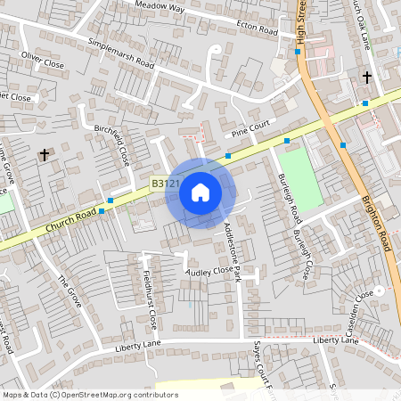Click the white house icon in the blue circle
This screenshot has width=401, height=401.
tap(200, 192)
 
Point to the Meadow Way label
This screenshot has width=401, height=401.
tap(160, 6)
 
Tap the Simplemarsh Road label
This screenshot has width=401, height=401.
tap(122, 54)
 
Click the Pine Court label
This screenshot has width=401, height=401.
tap(250, 130)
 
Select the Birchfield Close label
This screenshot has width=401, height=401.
tap(112, 144)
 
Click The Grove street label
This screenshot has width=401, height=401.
tap(70, 291)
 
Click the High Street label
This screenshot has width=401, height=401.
tap(301, 22)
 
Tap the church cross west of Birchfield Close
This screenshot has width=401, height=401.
tap(45, 155)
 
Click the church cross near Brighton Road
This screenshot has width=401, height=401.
tap(366, 78)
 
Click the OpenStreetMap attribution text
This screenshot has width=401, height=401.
tap(90, 395)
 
